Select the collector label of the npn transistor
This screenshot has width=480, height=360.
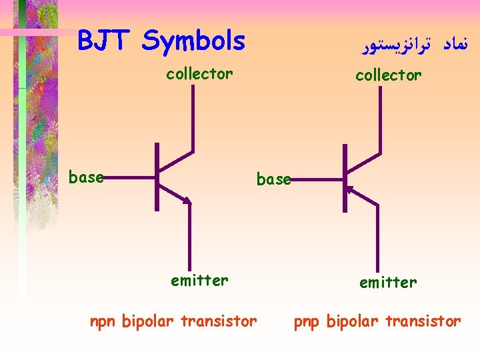coord(199,73)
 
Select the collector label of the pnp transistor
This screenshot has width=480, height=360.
coord(388,75)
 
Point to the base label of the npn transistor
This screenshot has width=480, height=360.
coord(86,177)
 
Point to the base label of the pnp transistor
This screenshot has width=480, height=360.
coord(273,179)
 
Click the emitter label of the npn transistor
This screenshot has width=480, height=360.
coord(199,281)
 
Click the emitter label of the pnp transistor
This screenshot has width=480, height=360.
coord(388,283)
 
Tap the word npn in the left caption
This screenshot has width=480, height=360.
coord(103,322)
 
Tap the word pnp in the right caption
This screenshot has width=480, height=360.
coord(308,322)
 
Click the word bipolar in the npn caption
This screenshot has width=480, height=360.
coord(148,321)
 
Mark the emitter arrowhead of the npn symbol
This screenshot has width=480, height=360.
coord(187,199)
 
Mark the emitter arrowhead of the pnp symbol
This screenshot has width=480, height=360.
coord(351,191)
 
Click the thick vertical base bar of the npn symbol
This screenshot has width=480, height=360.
coord(157,177)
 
